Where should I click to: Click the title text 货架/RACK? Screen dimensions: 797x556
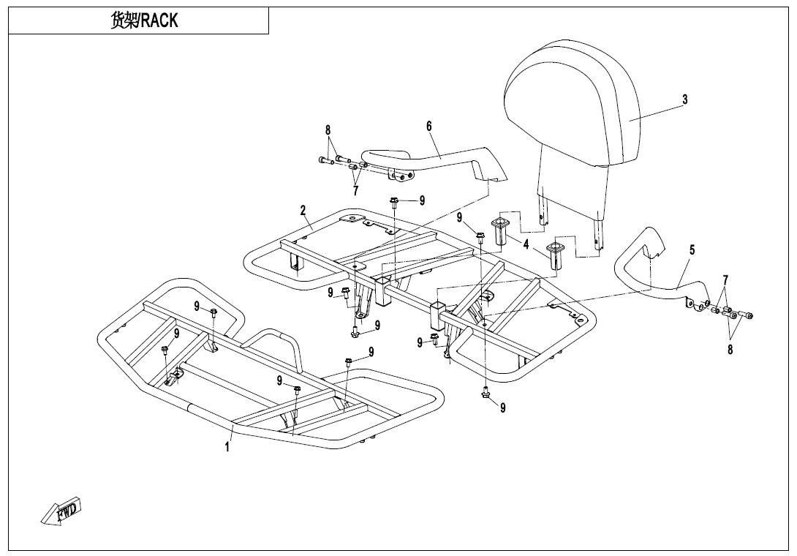click(144, 20)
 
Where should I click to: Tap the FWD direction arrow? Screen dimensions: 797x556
click(61, 512)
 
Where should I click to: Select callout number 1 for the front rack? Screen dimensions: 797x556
click(227, 447)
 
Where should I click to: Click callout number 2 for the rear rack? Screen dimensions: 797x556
click(303, 209)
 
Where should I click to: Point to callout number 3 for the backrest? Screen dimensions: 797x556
click(684, 99)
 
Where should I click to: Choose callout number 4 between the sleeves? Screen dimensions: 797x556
click(526, 244)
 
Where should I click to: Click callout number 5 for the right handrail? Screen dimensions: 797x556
click(692, 249)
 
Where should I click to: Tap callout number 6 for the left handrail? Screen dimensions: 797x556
click(429, 126)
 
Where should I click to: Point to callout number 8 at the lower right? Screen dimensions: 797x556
click(730, 350)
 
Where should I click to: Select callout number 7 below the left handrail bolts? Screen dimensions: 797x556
click(355, 191)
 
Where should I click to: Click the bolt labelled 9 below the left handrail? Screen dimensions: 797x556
click(394, 203)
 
